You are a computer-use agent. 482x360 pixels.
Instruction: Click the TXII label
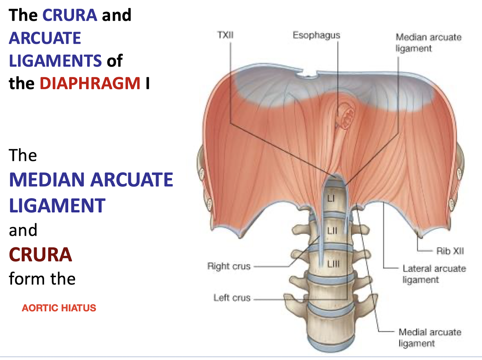coord(225,35)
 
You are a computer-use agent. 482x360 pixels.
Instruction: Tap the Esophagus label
coord(316,35)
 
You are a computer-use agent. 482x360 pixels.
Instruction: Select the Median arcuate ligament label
coord(428,43)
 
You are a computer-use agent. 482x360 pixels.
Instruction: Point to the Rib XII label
coord(450,251)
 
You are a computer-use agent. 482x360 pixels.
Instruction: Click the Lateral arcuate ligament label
coord(434,274)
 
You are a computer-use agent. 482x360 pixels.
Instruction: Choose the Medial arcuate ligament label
coord(430,338)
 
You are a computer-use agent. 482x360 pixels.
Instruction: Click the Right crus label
coord(229,266)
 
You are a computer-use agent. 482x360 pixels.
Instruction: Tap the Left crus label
coord(232,298)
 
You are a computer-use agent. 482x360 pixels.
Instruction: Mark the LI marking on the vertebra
coord(331,198)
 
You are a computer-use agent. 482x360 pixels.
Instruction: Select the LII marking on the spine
coord(332,230)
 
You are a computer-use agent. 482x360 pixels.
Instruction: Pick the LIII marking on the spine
coord(333,264)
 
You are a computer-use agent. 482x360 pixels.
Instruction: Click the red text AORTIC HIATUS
coord(59,308)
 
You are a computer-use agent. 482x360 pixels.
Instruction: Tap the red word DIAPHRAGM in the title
coord(90,83)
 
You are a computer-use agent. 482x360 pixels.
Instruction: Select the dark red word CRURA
coord(41,255)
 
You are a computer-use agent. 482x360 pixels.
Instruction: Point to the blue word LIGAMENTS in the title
coord(55,61)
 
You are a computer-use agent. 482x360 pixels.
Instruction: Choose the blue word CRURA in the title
coord(70,15)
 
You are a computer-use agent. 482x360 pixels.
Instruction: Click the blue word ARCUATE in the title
coord(45,38)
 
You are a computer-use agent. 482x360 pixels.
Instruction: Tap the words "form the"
coord(42,279)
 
